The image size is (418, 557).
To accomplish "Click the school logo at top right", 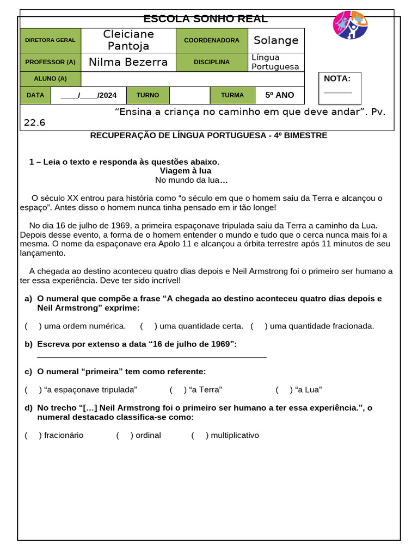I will click(x=350, y=25).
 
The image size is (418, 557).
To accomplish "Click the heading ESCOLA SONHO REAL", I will click(x=205, y=19).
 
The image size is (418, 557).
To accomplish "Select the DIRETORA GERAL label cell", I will click(x=50, y=40).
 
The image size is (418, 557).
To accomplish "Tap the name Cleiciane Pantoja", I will click(x=128, y=40).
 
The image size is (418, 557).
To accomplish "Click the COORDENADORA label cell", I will click(x=212, y=40).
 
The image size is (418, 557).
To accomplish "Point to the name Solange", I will click(x=276, y=40).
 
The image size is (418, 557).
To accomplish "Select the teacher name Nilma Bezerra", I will click(x=128, y=62).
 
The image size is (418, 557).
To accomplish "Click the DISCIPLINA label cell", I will click(x=212, y=62).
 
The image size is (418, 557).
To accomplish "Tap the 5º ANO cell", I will click(x=279, y=95).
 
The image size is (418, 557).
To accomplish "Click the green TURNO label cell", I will click(x=147, y=95).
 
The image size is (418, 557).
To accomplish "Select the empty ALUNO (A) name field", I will click(x=192, y=79).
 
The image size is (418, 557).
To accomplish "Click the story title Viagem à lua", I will click(x=186, y=171).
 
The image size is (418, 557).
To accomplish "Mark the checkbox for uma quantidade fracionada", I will click(x=259, y=326).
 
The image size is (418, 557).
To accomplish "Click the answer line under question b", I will click(x=152, y=356).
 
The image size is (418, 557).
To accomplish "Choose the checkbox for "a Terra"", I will click(x=177, y=390).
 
